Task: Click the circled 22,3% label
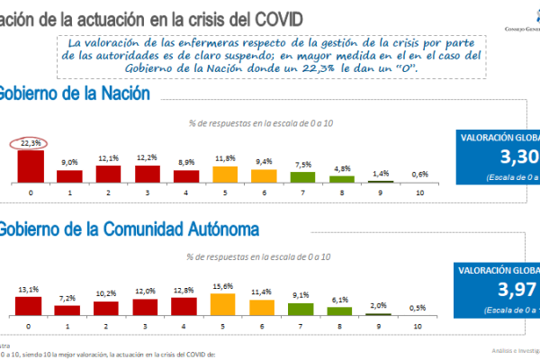(31, 142)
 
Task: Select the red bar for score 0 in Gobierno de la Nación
(31, 166)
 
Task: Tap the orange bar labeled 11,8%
(225, 174)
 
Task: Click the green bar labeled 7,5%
(303, 176)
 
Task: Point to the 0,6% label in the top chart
(419, 175)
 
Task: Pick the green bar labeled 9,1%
(303, 308)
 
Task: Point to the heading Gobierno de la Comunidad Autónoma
(126, 229)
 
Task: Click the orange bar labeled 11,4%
(264, 306)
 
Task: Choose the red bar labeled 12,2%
(147, 173)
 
